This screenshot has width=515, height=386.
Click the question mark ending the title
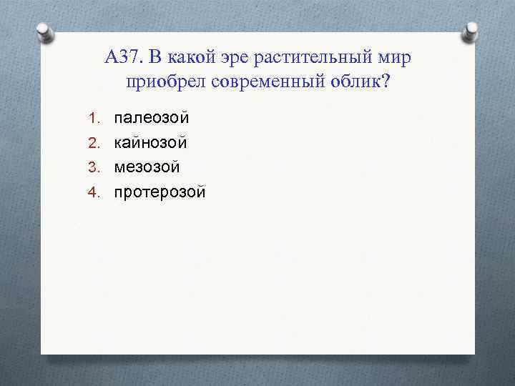point(387,81)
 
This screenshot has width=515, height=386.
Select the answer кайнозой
point(151,142)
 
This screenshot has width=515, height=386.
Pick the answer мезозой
point(147,167)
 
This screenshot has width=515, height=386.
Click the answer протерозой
point(160,192)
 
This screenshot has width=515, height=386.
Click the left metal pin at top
point(44,32)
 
